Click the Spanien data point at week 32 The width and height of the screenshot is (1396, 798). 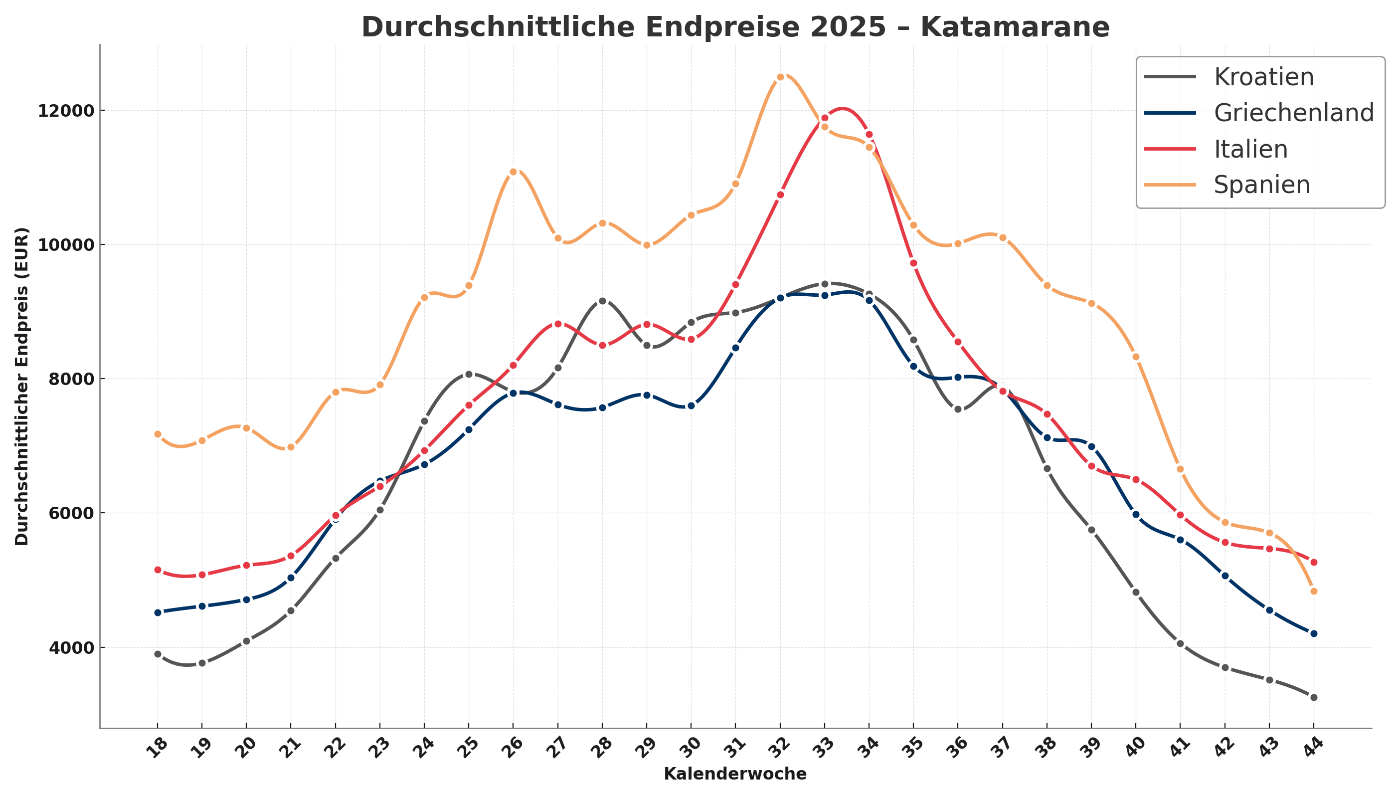780,77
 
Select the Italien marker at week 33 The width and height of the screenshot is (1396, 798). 825,118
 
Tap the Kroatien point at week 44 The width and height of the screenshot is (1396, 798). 1313,697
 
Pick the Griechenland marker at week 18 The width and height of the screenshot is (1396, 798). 158,612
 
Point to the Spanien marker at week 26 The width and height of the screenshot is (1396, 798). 514,172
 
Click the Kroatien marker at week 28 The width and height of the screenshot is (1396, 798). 603,301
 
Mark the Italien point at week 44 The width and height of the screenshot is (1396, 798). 1313,562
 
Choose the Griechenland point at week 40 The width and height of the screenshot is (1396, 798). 1136,515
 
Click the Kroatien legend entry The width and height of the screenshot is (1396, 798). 1263,77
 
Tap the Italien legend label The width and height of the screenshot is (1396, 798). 1250,149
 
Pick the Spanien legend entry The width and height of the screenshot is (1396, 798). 1262,185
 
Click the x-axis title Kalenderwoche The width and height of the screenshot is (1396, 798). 735,775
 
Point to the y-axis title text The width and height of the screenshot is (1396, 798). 22,387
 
